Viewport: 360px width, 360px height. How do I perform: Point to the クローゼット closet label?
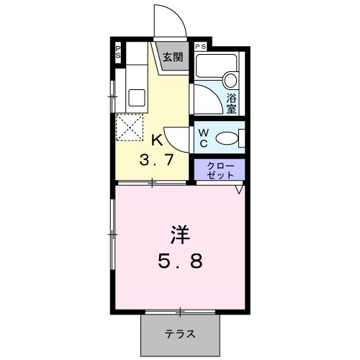coord(220,170)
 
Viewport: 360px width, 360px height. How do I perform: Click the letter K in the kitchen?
coord(156,140)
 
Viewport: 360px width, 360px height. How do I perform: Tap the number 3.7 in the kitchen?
coord(156,160)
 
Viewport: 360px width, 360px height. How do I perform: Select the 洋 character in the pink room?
coord(180,235)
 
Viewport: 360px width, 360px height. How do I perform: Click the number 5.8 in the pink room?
coord(180,261)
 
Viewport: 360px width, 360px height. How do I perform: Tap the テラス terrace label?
coord(179,334)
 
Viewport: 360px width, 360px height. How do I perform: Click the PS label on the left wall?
coord(118,53)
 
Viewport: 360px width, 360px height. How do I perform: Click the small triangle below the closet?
coord(238,191)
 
